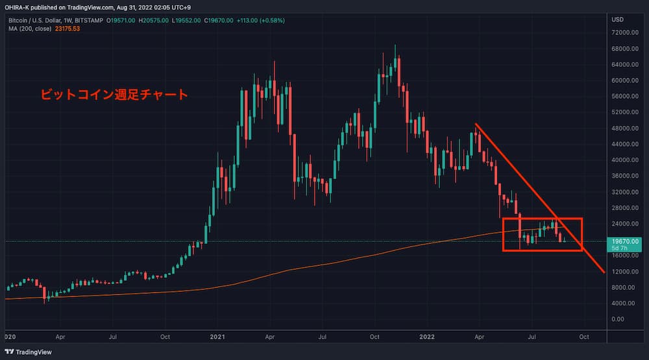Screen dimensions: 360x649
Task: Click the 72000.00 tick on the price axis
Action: [x=623, y=32]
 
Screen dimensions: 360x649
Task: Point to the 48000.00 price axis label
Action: [x=623, y=128]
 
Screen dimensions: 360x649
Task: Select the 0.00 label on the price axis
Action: [x=618, y=319]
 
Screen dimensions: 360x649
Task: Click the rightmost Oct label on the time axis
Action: [x=584, y=337]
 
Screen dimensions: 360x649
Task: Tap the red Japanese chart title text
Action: [x=114, y=95]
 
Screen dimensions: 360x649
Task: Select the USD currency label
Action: [x=617, y=19]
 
